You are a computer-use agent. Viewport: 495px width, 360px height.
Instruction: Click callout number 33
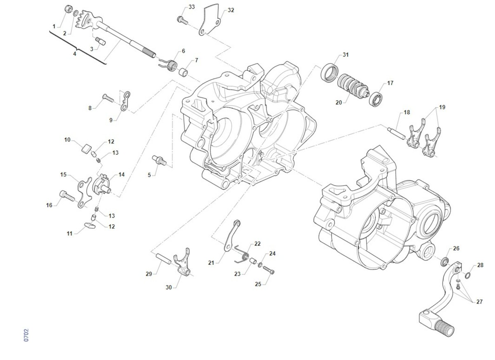pyautogui.click(x=192, y=7)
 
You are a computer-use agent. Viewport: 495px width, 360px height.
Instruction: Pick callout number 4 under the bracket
pyautogui.click(x=75, y=54)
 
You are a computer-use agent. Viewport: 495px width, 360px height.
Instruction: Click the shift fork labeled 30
pyautogui.click(x=182, y=263)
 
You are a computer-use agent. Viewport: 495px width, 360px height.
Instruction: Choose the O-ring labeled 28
pyautogui.click(x=469, y=275)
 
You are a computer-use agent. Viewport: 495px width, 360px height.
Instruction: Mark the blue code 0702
pyautogui.click(x=26, y=335)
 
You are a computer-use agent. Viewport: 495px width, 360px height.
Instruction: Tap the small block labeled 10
pyautogui.click(x=87, y=148)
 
